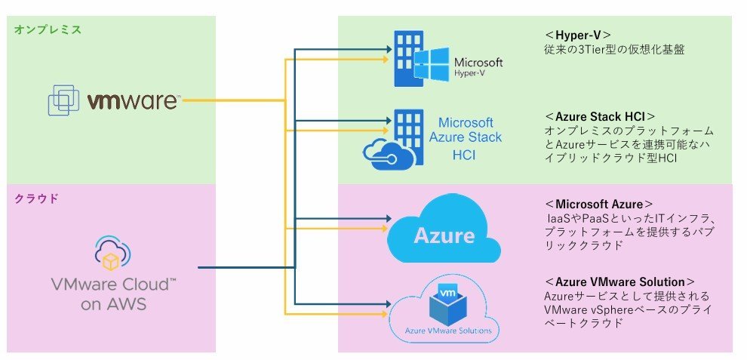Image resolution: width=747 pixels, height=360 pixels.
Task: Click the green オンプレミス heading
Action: coord(48,29)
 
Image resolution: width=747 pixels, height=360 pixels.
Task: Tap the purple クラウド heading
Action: coord(36,198)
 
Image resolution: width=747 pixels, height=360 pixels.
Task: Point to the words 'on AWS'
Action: coord(113,304)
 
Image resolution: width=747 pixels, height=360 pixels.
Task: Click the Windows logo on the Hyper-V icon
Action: coord(431,63)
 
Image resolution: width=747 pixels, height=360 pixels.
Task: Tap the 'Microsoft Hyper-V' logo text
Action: coord(478,66)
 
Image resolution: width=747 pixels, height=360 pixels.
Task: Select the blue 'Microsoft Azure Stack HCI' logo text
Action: coord(465,138)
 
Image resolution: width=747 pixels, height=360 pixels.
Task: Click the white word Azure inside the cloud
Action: coord(444,235)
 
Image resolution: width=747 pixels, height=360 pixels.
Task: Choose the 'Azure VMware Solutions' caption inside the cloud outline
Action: coord(447,330)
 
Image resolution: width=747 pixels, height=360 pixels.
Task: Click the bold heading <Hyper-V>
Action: coord(577,35)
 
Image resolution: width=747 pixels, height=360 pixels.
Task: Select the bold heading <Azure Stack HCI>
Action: coord(599,116)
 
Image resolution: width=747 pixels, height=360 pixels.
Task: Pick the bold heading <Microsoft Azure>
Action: coord(599,204)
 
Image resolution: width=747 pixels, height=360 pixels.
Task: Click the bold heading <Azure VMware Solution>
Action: coord(619,282)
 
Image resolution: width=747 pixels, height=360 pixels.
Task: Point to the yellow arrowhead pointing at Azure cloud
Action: coord(386,229)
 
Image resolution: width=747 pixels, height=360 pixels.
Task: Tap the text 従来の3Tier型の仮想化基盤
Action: coord(614,50)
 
